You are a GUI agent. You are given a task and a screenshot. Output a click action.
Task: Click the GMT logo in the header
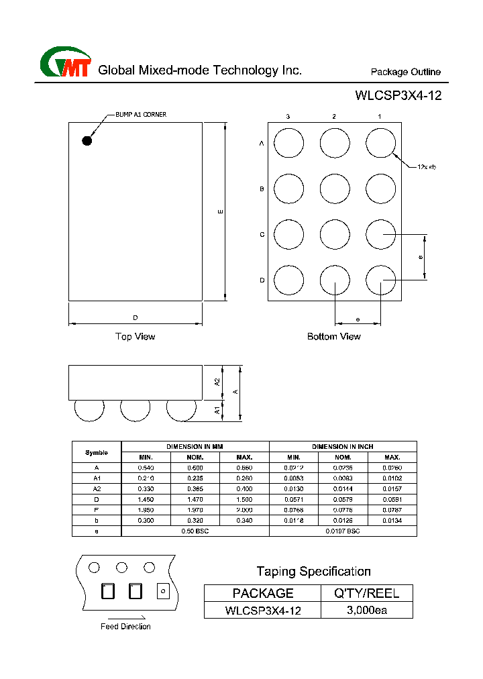pos(65,64)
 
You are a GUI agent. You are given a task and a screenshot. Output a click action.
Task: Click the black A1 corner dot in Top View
pos(87,140)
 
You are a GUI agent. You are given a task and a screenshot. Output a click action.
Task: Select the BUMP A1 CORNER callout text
pos(141,115)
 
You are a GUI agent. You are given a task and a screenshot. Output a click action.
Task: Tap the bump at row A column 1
pos(380,143)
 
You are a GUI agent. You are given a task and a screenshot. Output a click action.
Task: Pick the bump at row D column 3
pos(289,280)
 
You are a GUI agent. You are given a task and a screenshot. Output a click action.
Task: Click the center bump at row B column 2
pos(335,189)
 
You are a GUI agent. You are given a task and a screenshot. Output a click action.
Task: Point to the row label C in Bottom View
pos(262,235)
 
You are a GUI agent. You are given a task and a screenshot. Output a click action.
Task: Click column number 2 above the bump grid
pos(334,117)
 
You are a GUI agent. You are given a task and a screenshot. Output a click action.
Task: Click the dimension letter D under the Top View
pos(135,317)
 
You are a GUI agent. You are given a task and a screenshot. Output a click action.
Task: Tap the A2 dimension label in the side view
pos(217,381)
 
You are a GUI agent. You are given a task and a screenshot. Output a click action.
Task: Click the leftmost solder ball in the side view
pos(89,410)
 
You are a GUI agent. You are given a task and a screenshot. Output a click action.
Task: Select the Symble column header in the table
pos(97,452)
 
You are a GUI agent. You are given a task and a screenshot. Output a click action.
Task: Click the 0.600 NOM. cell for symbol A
pos(195,467)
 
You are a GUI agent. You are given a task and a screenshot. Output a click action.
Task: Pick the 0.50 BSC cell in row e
pos(195,531)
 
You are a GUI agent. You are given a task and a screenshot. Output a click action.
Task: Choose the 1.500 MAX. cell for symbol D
pos(244,499)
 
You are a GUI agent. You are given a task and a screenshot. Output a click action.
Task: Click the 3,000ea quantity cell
pos(367,610)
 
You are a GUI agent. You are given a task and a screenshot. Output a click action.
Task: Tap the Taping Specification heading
pos(313,571)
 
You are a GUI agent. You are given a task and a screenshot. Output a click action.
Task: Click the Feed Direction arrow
pos(125,617)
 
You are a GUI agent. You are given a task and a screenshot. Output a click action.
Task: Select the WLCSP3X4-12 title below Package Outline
pos(398,95)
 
